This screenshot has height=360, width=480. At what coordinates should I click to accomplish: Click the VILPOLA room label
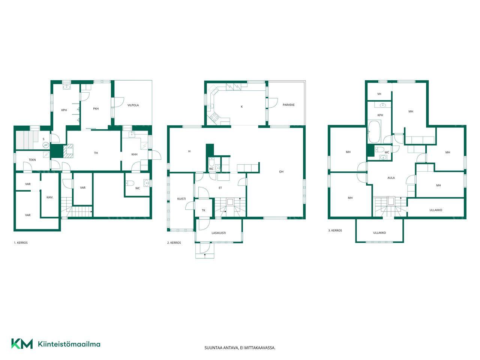click(x=133, y=105)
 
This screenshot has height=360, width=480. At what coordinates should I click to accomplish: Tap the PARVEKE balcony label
click(x=289, y=105)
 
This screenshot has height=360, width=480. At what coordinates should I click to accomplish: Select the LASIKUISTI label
click(x=219, y=233)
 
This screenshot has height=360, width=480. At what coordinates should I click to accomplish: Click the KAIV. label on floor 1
click(x=50, y=197)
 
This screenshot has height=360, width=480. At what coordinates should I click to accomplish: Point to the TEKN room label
click(x=32, y=160)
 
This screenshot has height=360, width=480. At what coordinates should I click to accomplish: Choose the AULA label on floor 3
click(x=391, y=178)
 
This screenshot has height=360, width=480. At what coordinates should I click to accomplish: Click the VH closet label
click(x=379, y=94)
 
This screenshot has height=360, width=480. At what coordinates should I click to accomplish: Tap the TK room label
click(x=204, y=210)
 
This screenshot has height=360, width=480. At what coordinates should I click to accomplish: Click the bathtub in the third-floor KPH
click(x=374, y=132)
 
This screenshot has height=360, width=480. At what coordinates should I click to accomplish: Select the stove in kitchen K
click(x=214, y=117)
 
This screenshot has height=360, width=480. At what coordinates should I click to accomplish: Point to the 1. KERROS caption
click(x=21, y=243)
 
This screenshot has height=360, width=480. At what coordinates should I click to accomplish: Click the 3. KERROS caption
click(x=335, y=230)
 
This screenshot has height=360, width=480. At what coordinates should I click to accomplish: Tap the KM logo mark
click(x=22, y=344)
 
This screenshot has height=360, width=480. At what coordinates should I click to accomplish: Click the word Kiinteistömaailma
click(x=69, y=344)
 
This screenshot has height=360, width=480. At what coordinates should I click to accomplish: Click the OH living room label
click(x=281, y=172)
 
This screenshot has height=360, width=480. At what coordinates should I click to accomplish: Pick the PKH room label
click(x=96, y=109)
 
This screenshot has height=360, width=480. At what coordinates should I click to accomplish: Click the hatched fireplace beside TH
click(x=68, y=151)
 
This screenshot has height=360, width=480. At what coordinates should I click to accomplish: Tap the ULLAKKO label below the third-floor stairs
click(x=379, y=233)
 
